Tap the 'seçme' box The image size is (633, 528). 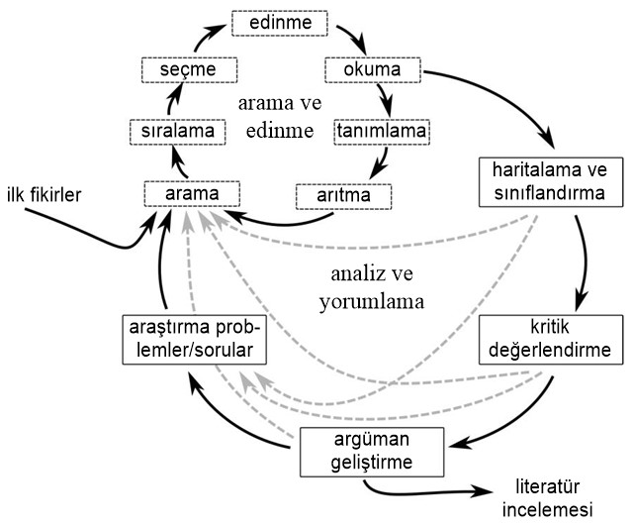coord(191,71)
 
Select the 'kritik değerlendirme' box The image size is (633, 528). coord(551,339)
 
